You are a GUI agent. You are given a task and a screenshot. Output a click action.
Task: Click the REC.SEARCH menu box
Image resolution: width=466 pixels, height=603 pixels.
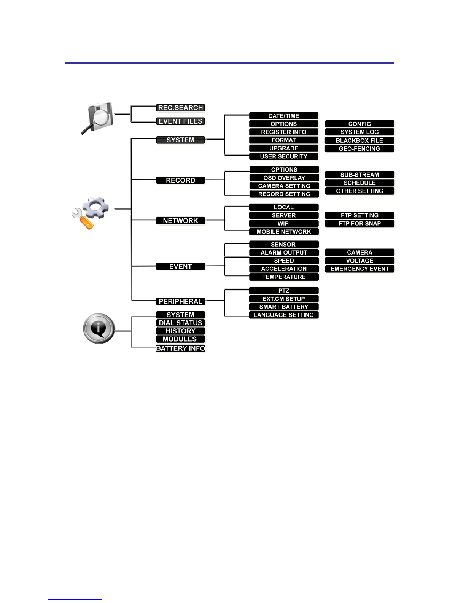[180, 108]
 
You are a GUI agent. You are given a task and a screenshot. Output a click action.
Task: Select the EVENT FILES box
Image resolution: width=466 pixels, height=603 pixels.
[180, 121]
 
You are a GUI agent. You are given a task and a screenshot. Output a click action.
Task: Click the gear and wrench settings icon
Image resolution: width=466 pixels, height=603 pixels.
[90, 213]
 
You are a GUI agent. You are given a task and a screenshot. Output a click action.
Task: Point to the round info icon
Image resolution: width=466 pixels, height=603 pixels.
[99, 329]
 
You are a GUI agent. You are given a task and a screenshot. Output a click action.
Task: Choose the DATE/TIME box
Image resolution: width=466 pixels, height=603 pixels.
[283, 116]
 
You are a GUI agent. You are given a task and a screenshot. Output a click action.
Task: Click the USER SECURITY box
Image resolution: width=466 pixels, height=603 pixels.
[283, 156]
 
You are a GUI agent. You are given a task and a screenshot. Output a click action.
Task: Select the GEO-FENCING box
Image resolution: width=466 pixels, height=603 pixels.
[359, 149]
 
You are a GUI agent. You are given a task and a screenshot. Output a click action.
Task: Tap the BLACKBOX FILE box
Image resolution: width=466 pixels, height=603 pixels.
[359, 140]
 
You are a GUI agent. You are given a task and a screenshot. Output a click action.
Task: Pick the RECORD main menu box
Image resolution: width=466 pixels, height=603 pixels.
[180, 180]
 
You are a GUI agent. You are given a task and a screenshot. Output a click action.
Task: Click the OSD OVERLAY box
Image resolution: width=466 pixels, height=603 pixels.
[284, 178]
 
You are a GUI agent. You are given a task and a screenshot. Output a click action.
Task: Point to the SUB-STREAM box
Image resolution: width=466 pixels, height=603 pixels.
[359, 175]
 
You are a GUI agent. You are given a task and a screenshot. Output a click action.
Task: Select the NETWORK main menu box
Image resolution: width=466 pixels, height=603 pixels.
[180, 221]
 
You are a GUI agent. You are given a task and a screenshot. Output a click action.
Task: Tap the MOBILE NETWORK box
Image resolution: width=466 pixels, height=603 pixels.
[283, 232]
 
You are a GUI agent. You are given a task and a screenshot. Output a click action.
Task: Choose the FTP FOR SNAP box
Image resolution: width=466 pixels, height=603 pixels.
[359, 224]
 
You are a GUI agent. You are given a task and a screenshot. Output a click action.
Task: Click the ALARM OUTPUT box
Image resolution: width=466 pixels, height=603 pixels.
[283, 253]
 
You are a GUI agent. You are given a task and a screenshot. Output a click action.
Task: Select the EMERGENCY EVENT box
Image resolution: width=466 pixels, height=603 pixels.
[359, 269]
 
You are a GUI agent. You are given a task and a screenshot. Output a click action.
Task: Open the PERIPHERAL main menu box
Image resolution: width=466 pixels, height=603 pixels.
[180, 301]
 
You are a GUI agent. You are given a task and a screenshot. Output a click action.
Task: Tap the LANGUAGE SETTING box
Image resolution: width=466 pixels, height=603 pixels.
[283, 315]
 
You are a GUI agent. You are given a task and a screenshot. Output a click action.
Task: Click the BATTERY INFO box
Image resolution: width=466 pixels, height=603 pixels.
[180, 348]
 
